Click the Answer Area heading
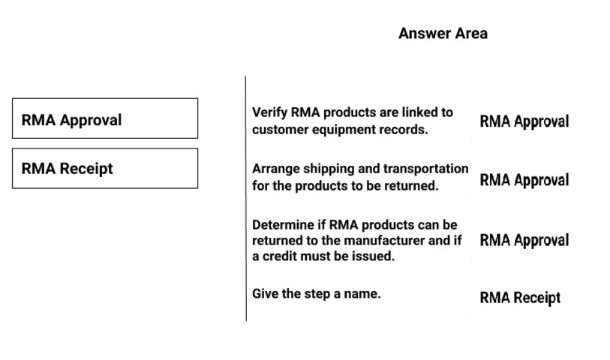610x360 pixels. [x=443, y=34]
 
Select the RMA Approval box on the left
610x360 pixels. [x=105, y=118]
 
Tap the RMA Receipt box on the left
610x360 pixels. [x=105, y=168]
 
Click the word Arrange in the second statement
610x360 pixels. [x=276, y=169]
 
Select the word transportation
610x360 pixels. [x=425, y=169]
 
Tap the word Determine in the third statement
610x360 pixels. [x=283, y=225]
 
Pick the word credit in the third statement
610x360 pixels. [x=280, y=256]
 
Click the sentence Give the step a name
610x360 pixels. [x=317, y=293]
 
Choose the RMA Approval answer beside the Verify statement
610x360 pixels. [x=524, y=121]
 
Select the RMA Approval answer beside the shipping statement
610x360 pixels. [x=524, y=181]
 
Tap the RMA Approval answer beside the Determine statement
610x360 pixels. [x=524, y=240]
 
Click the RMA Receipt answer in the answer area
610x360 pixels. [x=520, y=298]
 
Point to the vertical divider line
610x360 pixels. [x=246, y=199]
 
